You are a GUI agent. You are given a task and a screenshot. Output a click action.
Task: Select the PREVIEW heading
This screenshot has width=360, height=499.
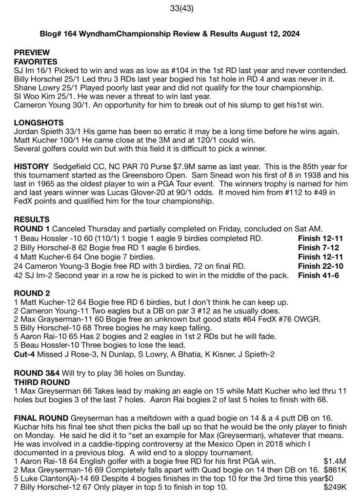[x=32, y=53]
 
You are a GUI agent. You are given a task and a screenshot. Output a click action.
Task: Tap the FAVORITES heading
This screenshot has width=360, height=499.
[x=36, y=62]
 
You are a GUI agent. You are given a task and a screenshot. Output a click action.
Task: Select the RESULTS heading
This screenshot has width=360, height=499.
[x=31, y=220]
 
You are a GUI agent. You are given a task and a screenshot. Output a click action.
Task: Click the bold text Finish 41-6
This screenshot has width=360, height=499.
[x=319, y=275]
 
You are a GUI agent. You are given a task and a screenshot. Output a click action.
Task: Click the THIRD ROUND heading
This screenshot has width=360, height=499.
[x=41, y=382]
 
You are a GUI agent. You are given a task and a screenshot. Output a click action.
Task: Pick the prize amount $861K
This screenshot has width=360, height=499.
[x=335, y=470]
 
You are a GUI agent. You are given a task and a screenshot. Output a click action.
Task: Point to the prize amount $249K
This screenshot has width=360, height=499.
[x=335, y=487]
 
